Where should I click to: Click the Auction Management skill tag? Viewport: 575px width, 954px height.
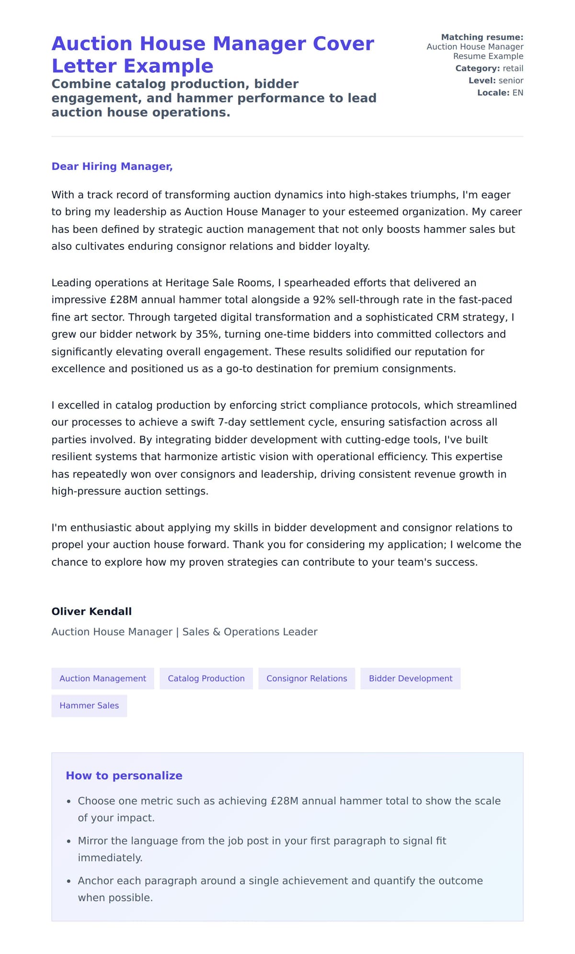[103, 678]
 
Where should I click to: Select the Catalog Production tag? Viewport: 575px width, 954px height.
[206, 678]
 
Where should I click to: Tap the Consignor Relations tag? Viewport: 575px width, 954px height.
[307, 678]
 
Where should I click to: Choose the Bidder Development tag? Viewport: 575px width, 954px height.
[410, 678]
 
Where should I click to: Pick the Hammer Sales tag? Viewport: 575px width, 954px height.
[89, 705]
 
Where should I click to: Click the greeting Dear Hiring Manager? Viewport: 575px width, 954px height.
[112, 166]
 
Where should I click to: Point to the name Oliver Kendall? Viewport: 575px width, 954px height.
[92, 611]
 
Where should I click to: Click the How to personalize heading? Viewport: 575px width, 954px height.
[124, 775]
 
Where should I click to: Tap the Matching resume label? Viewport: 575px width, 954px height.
[482, 37]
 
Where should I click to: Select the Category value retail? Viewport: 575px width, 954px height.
[513, 69]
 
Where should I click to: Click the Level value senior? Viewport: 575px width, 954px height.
[511, 80]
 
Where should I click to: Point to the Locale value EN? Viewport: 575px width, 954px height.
[517, 92]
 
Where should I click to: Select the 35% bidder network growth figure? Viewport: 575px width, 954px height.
[207, 334]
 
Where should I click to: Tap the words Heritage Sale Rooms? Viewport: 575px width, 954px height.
[219, 283]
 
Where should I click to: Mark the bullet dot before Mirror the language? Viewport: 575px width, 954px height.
[69, 841]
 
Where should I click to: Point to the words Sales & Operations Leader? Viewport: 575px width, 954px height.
[250, 632]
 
